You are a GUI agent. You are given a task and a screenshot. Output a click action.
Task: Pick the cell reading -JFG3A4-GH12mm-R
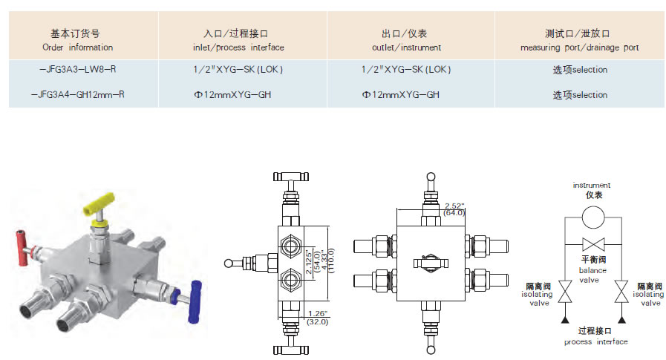[x=79, y=95]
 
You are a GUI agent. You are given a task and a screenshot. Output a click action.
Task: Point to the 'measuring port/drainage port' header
[x=580, y=41]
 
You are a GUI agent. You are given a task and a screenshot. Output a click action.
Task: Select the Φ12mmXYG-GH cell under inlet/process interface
[x=226, y=95]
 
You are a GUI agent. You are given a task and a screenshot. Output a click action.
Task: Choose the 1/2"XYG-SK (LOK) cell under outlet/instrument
[x=405, y=70]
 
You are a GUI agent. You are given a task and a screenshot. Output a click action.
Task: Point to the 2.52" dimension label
[x=454, y=205]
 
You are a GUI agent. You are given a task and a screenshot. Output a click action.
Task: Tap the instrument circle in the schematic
[x=592, y=217]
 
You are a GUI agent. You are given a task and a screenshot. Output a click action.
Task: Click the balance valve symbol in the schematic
[x=592, y=243]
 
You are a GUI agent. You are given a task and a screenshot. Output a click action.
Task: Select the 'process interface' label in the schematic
[x=595, y=341]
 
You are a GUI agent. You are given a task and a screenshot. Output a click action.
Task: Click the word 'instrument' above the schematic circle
[x=592, y=185]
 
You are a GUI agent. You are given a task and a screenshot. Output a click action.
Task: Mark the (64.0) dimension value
[x=454, y=213]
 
